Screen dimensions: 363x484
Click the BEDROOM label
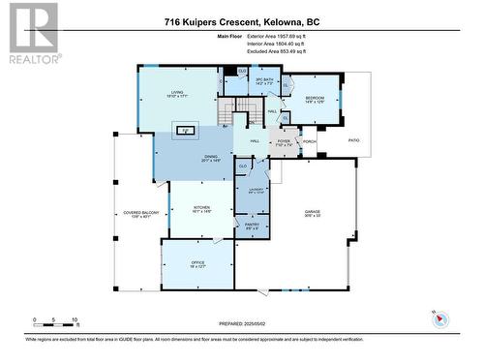[316, 99]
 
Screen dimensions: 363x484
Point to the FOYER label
[284, 141]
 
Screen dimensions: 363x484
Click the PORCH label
[309, 141]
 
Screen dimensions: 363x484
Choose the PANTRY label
[251, 225]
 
